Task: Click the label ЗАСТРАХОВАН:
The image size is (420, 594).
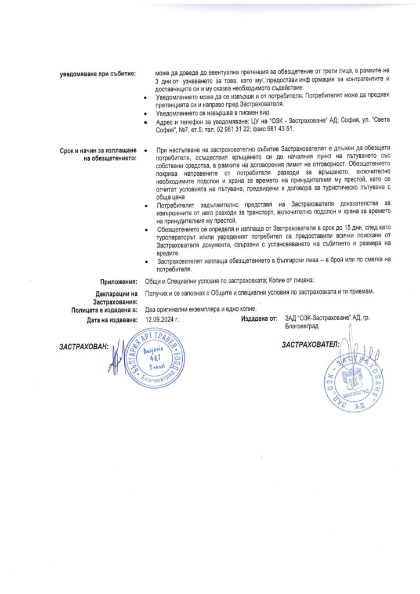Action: point(83,346)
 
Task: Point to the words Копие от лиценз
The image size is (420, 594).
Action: point(287,281)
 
